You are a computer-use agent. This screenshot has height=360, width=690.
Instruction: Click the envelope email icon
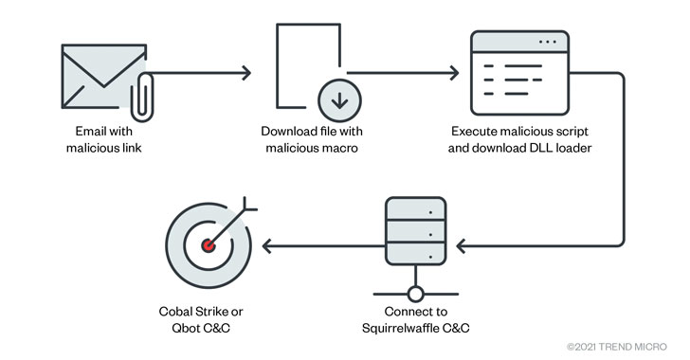[x=104, y=77]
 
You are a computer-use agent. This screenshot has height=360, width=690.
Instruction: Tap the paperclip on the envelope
[x=142, y=98]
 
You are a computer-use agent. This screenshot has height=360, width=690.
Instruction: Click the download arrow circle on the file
[x=339, y=100]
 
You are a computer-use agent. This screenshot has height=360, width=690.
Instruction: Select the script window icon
[x=519, y=73]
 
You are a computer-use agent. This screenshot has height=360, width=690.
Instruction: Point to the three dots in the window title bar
[x=548, y=42]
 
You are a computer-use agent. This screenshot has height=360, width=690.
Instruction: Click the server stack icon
[x=416, y=231]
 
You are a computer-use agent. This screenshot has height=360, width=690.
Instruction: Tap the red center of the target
[x=209, y=245]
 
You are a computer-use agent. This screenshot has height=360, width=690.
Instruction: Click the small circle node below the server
[x=416, y=294]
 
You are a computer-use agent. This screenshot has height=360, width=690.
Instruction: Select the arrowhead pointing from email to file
[x=245, y=73]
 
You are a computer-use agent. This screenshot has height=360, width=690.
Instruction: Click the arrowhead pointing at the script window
[x=454, y=73]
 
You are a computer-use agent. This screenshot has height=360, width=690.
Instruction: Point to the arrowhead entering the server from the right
[x=462, y=246]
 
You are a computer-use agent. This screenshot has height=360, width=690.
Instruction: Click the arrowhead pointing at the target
[x=267, y=246]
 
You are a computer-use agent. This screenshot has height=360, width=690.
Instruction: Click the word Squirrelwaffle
[x=395, y=328]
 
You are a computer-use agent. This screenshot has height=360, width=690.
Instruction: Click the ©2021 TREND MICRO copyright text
[x=617, y=347]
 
